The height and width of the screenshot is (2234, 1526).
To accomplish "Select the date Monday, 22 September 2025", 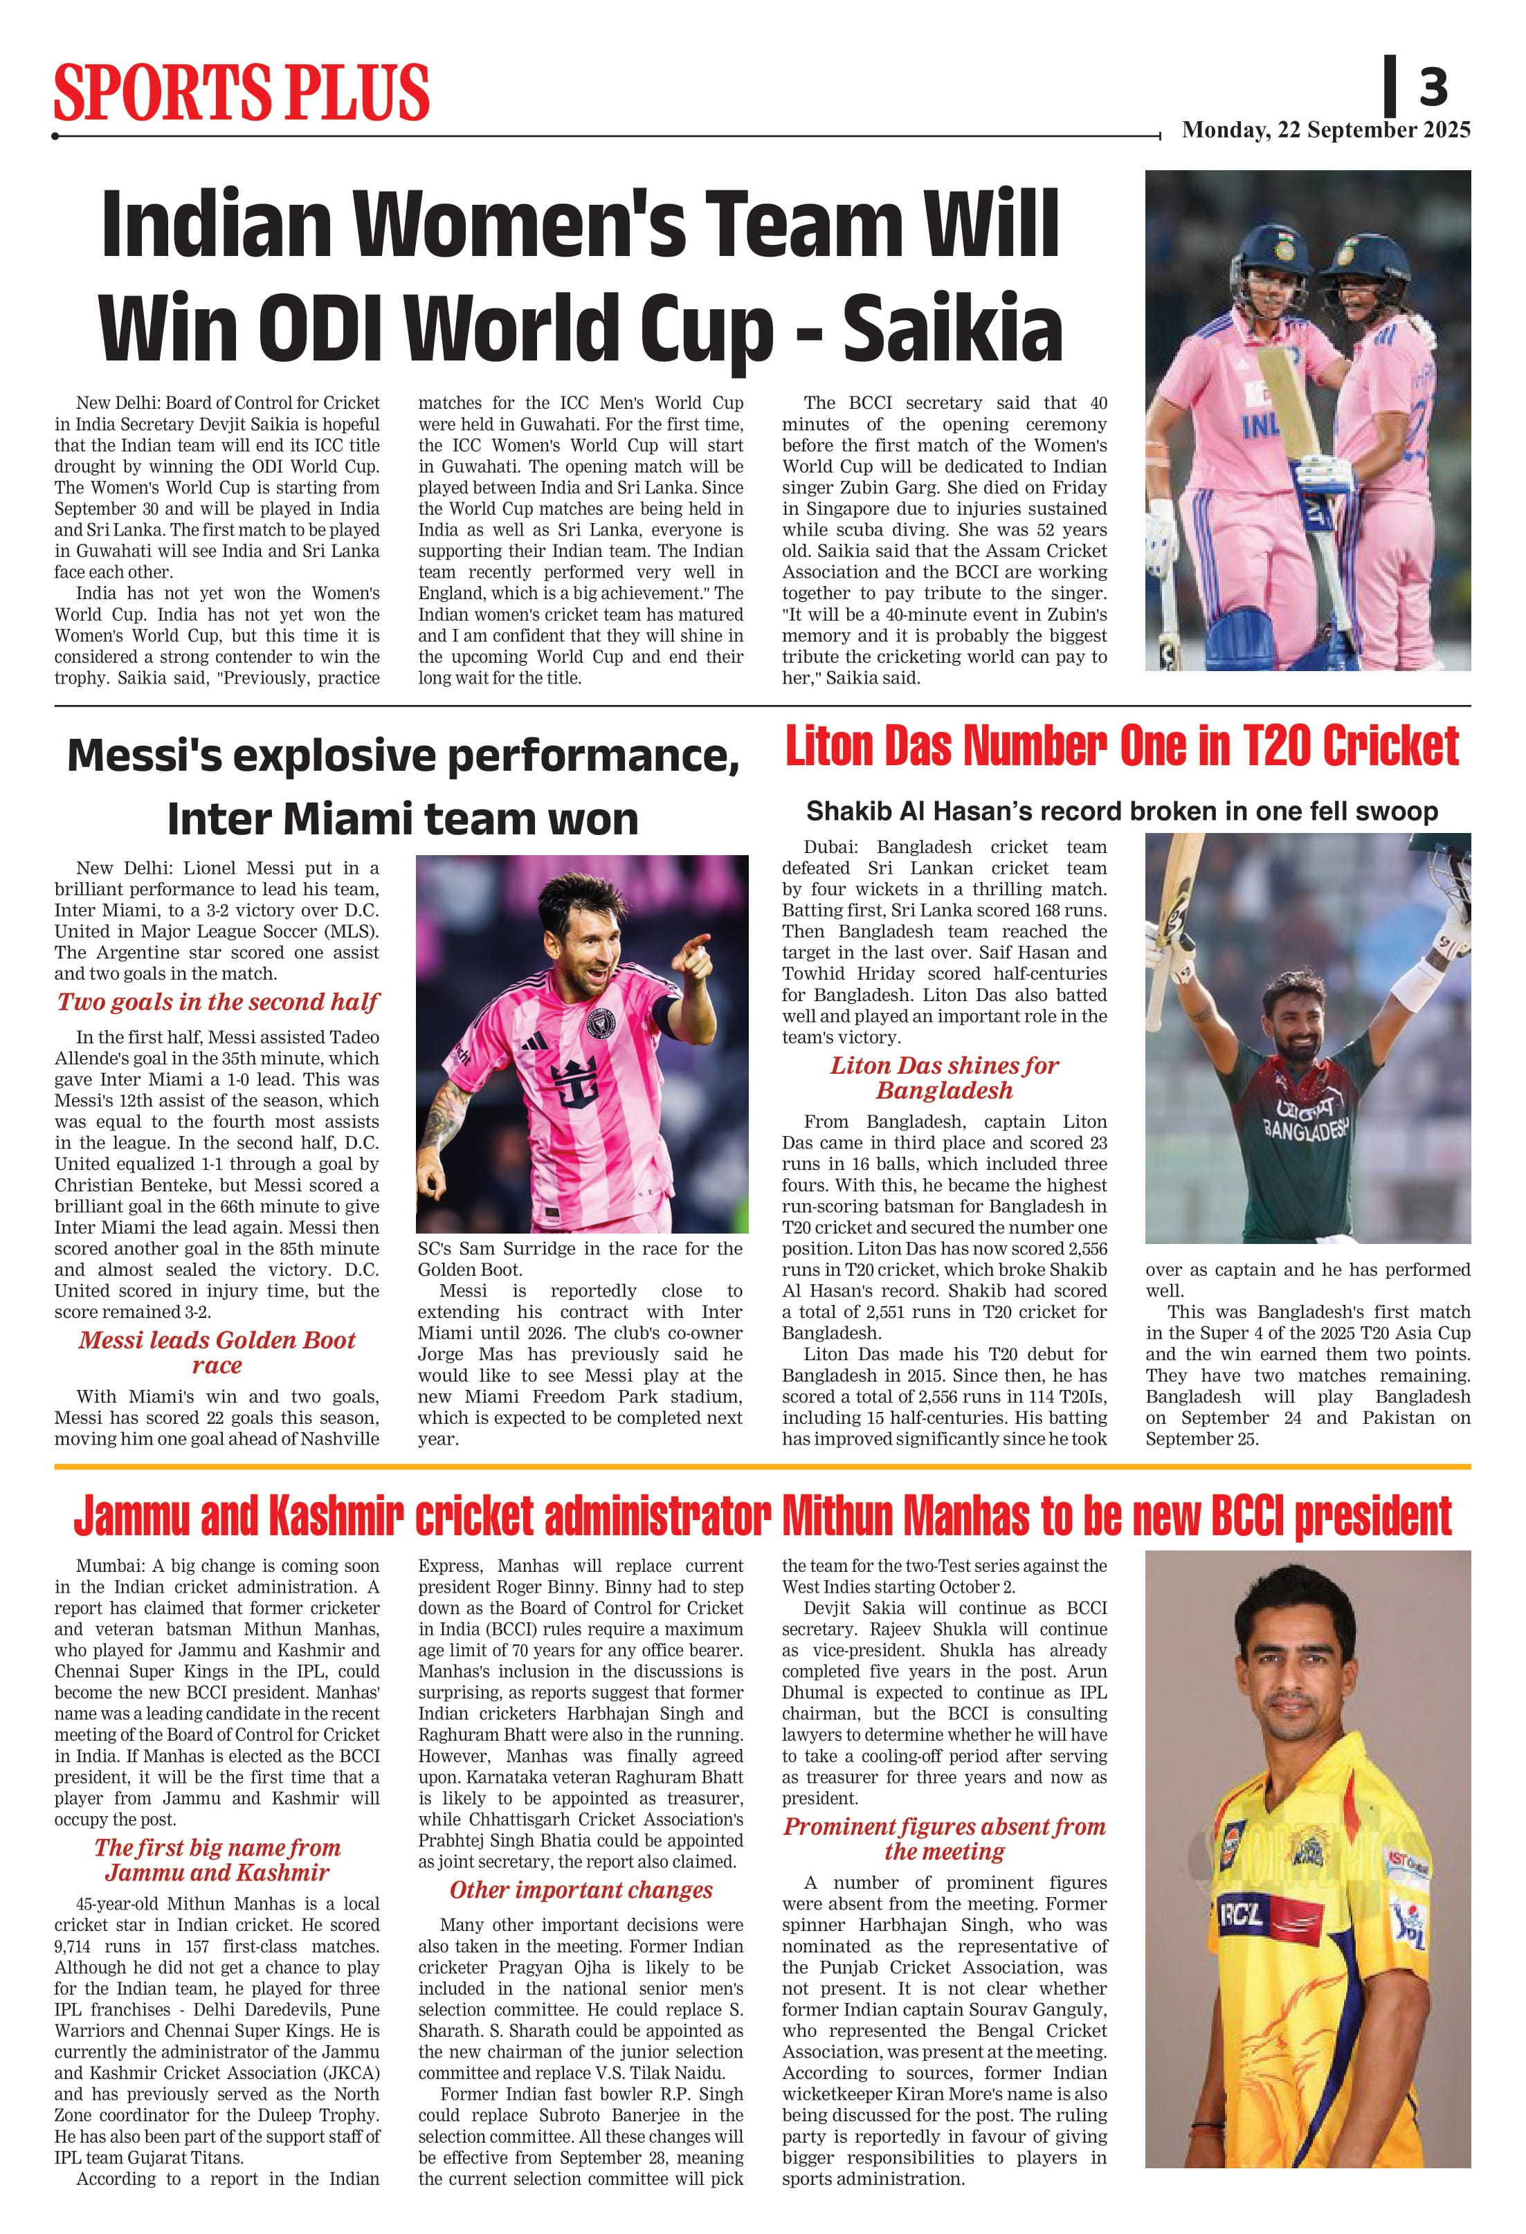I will pos(1325,130).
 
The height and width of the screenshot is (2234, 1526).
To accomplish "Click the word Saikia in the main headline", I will pos(952,328).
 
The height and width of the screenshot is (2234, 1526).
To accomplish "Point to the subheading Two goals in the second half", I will pos(217,1002).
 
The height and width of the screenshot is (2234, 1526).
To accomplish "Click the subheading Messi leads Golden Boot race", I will pos(217,1352).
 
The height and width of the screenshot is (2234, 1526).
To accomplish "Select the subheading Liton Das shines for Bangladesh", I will pos(943,1078).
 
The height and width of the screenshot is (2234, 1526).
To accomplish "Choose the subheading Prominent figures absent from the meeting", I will pos(943,1838).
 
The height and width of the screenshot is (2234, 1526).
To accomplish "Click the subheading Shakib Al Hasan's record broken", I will pos(1121,812).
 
